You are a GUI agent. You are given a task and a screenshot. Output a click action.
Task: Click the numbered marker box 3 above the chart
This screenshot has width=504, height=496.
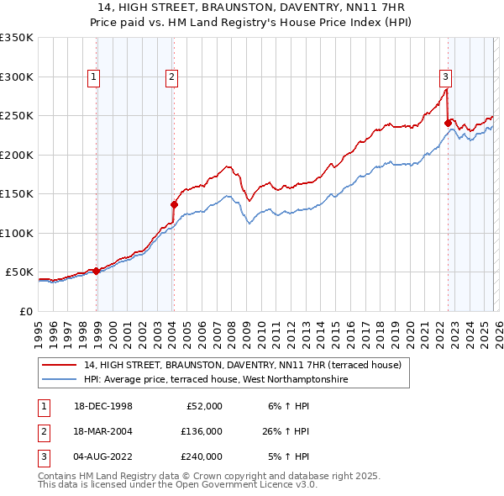tap(445, 77)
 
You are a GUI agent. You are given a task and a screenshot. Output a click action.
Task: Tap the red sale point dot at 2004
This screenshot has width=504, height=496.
tap(174, 204)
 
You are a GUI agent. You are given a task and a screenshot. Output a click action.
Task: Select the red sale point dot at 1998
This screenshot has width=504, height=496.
tap(97, 271)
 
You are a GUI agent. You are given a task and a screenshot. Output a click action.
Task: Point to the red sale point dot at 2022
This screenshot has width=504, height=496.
tap(448, 123)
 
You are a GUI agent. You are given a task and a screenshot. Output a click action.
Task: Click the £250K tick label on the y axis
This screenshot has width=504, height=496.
tap(17, 116)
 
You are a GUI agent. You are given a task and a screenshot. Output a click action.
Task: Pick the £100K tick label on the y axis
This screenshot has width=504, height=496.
tap(17, 233)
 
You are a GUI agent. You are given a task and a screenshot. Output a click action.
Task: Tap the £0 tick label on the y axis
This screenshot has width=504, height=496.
tap(25, 311)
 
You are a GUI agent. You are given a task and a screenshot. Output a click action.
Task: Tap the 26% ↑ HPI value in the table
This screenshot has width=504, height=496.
tap(285, 431)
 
